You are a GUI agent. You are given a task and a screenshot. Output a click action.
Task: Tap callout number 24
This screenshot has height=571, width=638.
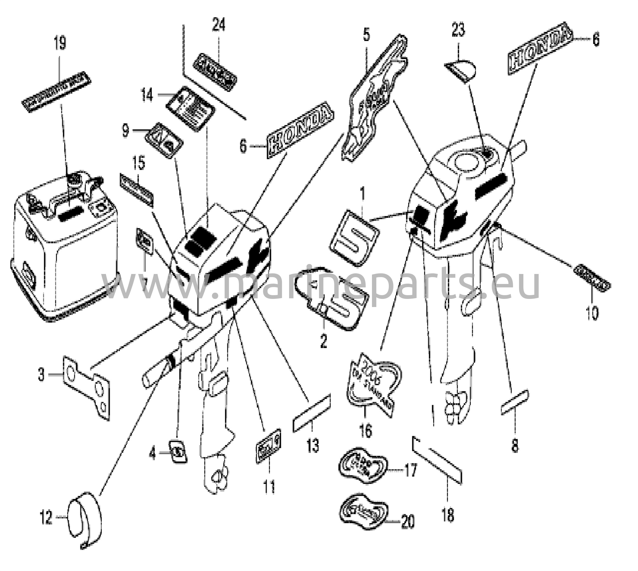point(218,25)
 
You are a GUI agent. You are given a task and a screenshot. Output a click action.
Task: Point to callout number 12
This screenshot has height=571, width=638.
point(46,518)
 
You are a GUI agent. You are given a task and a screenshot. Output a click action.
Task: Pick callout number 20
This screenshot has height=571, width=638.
point(407,521)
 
